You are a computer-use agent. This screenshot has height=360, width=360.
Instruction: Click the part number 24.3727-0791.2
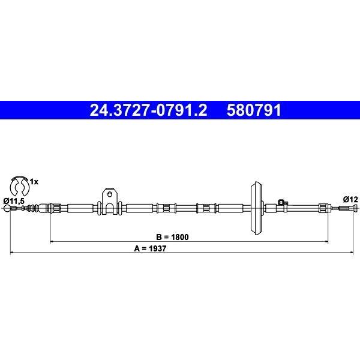point(148,110)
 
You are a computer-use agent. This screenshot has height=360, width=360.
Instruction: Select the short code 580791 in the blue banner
point(254,110)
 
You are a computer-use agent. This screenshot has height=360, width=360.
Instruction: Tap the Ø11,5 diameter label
point(14,201)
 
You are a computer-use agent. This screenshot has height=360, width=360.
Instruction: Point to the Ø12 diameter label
point(350,200)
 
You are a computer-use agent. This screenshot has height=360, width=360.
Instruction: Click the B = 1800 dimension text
point(172,237)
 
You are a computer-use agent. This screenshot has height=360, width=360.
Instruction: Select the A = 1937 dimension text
point(150,248)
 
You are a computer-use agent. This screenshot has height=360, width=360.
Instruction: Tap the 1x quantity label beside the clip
point(34,182)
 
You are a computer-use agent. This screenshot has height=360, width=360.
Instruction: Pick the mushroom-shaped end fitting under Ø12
point(355,208)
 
